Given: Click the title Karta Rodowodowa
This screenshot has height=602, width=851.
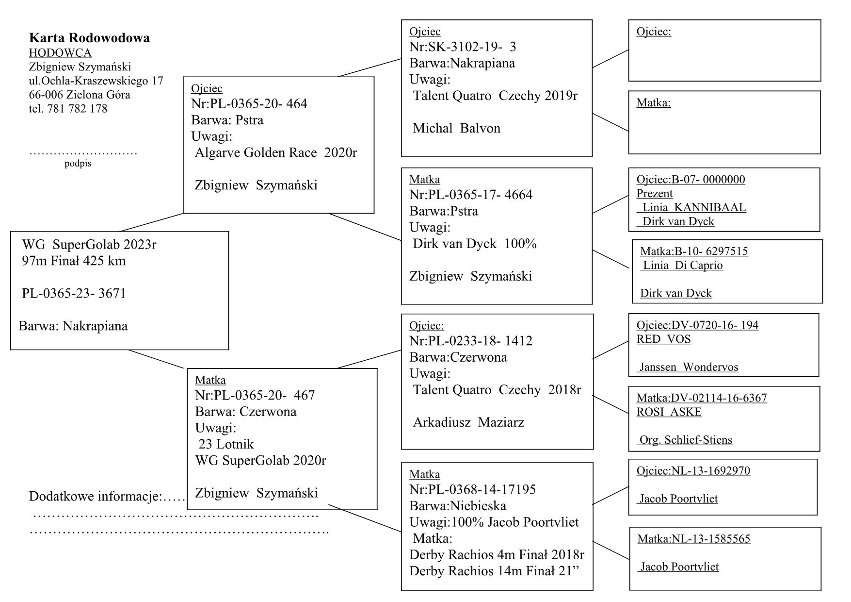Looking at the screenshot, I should (x=89, y=38).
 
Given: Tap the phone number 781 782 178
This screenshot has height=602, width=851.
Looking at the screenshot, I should (x=78, y=109).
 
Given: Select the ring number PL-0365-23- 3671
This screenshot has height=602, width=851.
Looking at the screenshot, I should (x=74, y=293).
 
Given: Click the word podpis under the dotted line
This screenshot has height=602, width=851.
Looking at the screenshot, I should (x=78, y=164).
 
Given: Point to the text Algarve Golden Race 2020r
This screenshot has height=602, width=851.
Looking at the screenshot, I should (x=275, y=153).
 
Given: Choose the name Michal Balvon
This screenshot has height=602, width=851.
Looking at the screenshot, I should (x=456, y=128).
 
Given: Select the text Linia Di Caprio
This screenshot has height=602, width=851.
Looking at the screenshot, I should (x=682, y=266).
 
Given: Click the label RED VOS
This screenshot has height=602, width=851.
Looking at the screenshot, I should (x=663, y=339).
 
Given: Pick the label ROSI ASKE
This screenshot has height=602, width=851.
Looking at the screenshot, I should (x=669, y=412).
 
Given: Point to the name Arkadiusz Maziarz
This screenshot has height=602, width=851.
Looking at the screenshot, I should (x=468, y=422).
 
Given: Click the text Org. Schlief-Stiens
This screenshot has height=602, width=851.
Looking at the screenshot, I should (x=685, y=440).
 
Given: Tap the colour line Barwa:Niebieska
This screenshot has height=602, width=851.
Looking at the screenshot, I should (x=458, y=506).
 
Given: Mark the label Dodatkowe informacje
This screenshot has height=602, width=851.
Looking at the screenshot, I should (x=95, y=496).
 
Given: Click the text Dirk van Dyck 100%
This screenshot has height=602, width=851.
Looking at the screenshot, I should (x=475, y=244).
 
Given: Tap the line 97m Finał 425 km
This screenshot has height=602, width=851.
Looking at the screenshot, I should (x=74, y=261).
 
